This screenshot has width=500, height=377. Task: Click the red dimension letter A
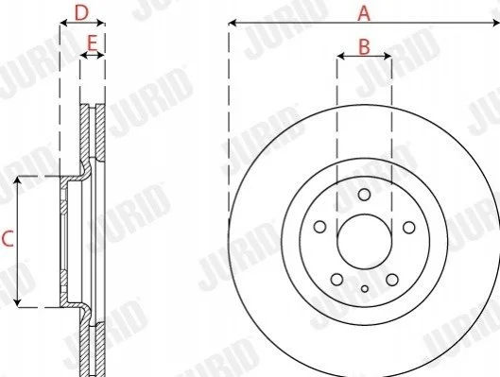pos(364,14)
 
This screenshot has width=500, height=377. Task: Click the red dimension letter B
pos(364,46)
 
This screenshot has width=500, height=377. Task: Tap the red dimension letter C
pos(8,239)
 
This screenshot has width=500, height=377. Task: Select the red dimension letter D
pos(81,13)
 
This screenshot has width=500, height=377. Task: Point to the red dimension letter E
pos(93,43)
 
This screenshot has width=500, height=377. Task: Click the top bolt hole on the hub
pos(364,195)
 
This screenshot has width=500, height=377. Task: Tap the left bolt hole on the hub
pos(319,227)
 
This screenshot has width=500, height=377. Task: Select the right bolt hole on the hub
pos(409,228)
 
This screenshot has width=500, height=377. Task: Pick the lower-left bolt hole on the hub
pos(336,280)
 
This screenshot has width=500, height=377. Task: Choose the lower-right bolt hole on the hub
pos(392,280)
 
